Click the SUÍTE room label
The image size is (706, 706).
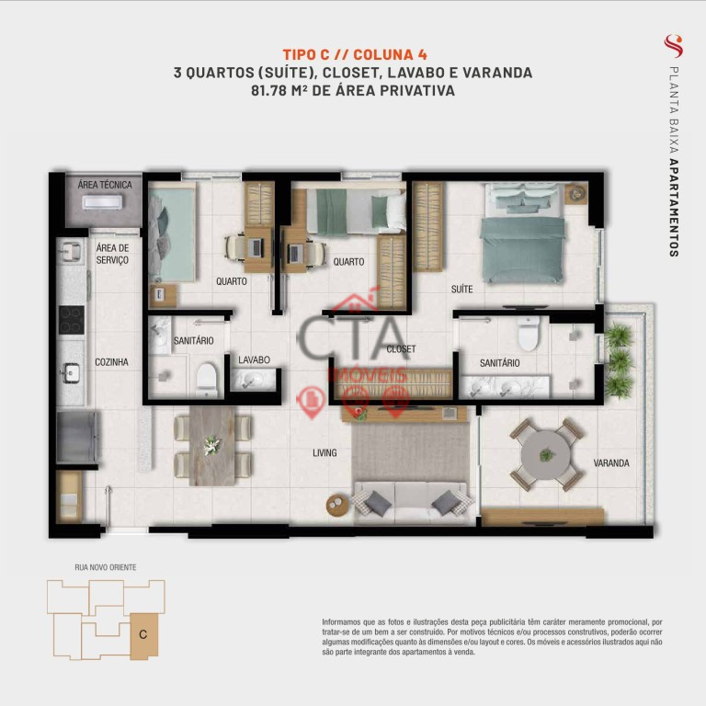coord(462,289)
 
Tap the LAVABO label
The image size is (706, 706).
coord(254,359)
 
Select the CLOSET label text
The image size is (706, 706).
coord(401,349)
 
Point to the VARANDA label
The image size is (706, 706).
coord(611,463)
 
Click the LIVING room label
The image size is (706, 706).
coord(325,453)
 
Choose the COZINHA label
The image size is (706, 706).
coord(111,362)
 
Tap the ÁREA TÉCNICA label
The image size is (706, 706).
coord(105,185)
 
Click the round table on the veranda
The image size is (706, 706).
coord(546,455)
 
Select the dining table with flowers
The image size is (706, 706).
coord(212,446)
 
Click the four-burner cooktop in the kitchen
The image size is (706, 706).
coord(71,320)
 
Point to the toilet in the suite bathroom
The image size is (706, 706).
coord(529,333)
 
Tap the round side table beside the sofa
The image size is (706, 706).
coord(336,506)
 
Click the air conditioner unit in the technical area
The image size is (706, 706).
coord(102,202)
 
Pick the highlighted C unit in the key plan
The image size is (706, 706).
coord(144,636)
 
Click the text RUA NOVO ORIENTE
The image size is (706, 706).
coord(106,567)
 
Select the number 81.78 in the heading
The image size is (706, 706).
coord(268,90)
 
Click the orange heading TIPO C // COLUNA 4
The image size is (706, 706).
coord(355,54)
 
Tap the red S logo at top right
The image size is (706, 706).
coord(674,46)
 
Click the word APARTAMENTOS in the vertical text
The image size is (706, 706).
coord(674,208)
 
